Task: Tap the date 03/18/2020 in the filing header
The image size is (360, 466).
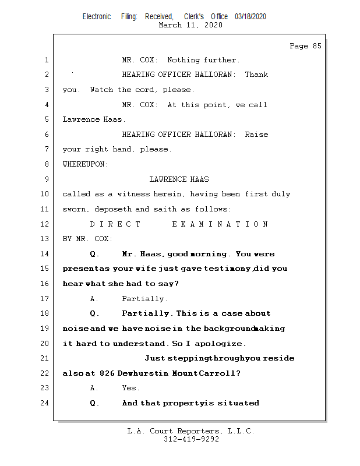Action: click(250, 17)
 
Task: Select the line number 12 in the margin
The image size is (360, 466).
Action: click(45, 224)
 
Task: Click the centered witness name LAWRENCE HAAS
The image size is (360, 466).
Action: click(179, 179)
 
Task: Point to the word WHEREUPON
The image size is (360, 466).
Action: click(85, 164)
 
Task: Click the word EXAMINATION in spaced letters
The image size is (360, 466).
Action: click(220, 224)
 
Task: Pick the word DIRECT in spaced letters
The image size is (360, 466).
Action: click(115, 224)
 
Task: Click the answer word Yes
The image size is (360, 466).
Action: click(131, 388)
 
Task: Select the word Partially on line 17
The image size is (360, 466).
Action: click(144, 299)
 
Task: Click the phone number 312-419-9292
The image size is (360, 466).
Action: click(191, 439)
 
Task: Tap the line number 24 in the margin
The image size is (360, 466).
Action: click(45, 403)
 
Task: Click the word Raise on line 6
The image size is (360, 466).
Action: click(256, 135)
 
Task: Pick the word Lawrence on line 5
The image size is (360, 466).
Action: click(80, 119)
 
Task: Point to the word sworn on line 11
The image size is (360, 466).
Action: click(74, 209)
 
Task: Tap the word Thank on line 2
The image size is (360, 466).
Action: click(256, 75)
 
